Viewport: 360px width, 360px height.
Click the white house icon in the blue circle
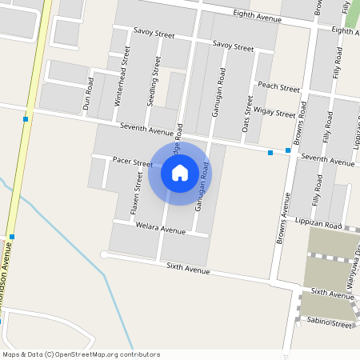click(180, 172)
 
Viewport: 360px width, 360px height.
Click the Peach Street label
click(278, 86)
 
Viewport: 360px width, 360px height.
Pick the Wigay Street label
click(275, 114)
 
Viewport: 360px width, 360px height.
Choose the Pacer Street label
click(132, 162)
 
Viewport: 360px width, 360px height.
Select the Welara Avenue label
click(161, 230)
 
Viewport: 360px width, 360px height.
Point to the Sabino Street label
click(329, 324)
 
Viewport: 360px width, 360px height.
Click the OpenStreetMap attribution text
click(81, 354)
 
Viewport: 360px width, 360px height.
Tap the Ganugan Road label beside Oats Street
click(218, 92)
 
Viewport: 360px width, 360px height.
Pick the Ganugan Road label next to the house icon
click(202, 186)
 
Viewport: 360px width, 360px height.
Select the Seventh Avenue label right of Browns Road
click(327, 162)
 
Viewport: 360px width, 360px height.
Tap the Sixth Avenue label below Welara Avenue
click(188, 269)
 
